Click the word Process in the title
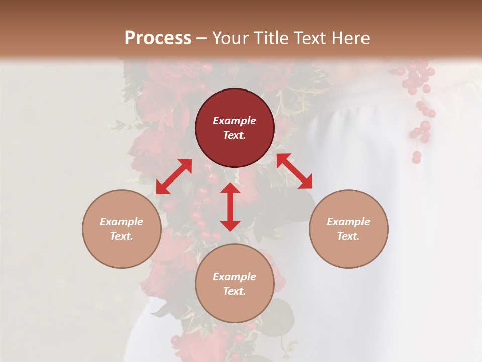(x=158, y=38)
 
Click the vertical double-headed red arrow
(x=230, y=207)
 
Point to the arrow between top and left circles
(x=174, y=176)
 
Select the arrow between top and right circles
(x=294, y=171)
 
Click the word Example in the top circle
(x=234, y=121)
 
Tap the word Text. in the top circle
(x=234, y=135)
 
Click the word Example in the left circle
(x=122, y=222)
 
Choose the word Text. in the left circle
(x=122, y=236)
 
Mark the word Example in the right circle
(x=348, y=222)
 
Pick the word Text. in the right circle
(x=348, y=236)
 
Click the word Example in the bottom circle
(x=234, y=277)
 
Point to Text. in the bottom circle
(x=234, y=291)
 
